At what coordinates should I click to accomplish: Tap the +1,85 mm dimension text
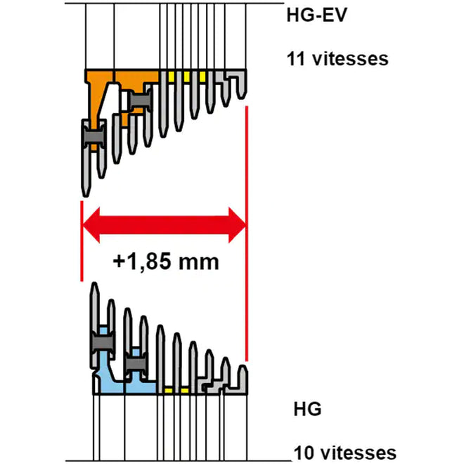[x=166, y=262]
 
